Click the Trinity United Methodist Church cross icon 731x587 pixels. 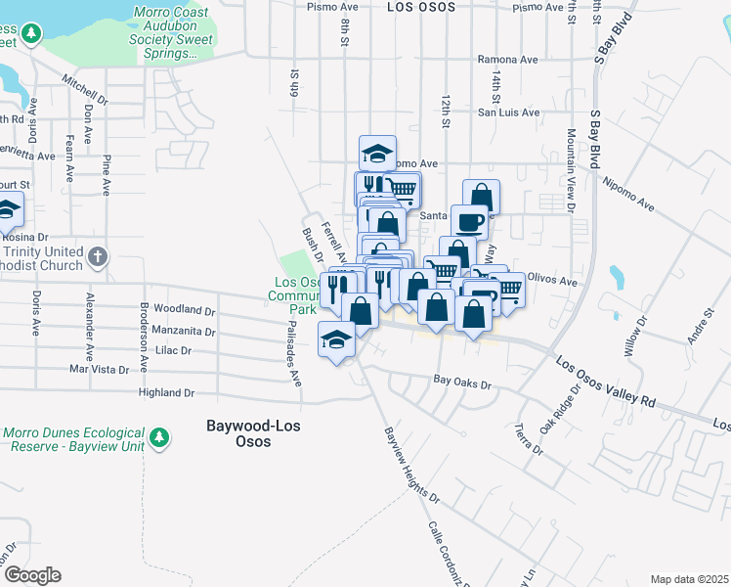point(97,257)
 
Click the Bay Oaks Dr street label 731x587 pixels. point(460,384)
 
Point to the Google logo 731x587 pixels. point(31,575)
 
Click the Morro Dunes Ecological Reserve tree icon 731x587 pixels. point(159,437)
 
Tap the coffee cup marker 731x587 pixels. point(469,221)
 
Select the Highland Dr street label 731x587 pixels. point(167,392)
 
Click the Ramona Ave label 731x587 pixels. point(508,60)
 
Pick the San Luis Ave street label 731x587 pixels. point(508,113)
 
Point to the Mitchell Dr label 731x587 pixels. point(84,91)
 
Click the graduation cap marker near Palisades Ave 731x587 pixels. point(337,340)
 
